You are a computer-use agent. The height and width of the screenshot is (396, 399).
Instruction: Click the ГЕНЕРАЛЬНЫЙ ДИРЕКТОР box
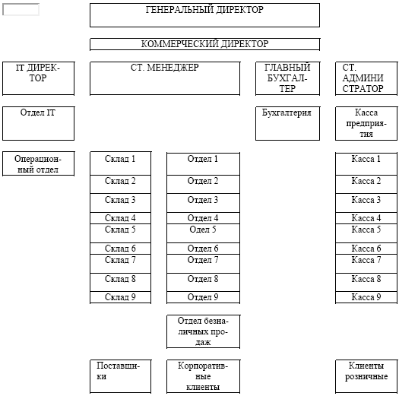tap(205, 15)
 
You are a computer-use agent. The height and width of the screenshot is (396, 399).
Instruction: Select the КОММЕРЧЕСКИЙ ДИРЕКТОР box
tap(205, 44)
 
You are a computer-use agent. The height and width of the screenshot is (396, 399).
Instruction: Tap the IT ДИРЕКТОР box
tap(39, 78)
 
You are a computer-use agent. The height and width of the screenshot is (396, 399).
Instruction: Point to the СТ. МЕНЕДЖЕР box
tap(165, 78)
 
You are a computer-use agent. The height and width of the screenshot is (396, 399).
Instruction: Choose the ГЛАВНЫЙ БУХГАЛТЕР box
tap(287, 78)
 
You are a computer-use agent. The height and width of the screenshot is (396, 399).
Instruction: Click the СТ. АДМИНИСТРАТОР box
tap(366, 78)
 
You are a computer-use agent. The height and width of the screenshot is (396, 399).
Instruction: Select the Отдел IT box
tap(39, 123)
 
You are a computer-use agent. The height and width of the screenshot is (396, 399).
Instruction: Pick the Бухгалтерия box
tap(287, 123)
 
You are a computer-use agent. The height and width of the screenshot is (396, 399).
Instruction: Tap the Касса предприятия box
tap(366, 123)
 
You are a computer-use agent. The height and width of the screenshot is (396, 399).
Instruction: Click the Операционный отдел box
tap(39, 163)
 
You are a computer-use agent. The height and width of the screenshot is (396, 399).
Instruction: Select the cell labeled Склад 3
tap(120, 203)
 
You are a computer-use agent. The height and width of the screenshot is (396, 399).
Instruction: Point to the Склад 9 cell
tap(120, 297)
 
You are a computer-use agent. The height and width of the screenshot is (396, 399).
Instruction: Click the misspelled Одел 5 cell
tap(203, 233)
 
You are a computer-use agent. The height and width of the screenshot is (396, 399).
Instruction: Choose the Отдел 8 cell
tap(203, 282)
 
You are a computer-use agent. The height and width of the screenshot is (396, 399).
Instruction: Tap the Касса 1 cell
tap(366, 163)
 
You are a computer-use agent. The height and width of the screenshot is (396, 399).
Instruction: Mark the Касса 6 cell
tap(366, 249)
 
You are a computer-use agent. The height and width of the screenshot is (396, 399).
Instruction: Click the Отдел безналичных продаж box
tap(203, 331)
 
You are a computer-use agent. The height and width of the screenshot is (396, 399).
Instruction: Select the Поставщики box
tap(120, 376)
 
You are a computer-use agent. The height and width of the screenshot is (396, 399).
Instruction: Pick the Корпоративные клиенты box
tap(203, 376)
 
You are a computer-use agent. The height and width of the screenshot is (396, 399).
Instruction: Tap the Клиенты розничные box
tap(366, 376)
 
